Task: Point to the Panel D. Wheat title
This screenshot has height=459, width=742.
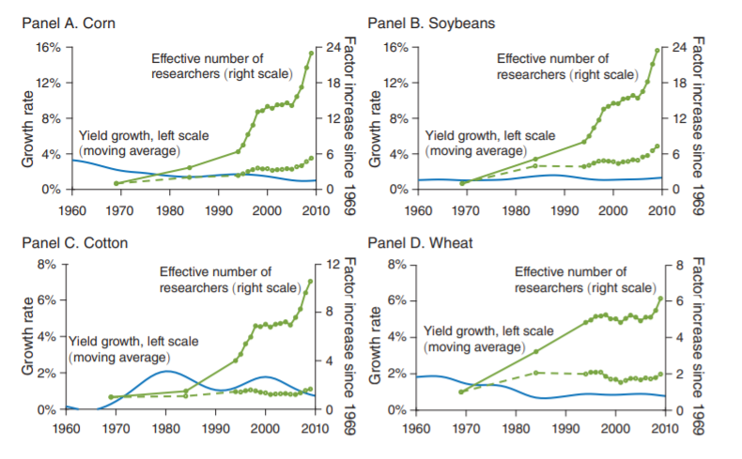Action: [410, 243]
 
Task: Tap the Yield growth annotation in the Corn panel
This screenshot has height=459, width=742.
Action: [132, 142]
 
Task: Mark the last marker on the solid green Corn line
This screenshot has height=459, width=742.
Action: [312, 53]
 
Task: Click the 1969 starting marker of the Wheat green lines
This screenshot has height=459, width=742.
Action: [460, 391]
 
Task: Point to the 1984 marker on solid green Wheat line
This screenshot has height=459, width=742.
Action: [535, 351]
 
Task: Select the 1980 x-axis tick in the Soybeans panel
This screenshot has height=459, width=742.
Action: [516, 208]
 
